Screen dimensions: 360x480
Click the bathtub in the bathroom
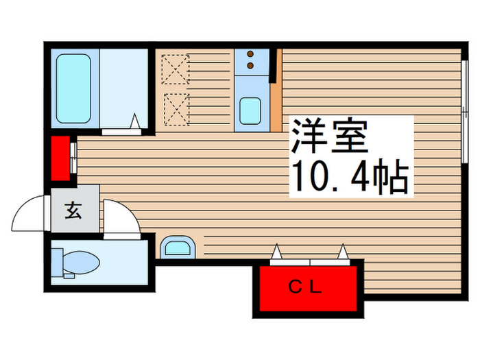(73, 88)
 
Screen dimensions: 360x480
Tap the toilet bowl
(81, 261)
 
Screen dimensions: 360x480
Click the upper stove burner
(250, 53)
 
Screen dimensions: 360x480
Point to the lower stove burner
(250, 66)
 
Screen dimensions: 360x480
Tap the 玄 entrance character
(73, 211)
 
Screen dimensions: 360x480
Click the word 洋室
(329, 137)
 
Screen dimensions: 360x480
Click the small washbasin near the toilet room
(178, 248)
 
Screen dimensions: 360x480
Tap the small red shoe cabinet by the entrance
(61, 158)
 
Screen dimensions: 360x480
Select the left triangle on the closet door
(277, 254)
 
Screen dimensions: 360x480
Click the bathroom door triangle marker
(135, 122)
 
